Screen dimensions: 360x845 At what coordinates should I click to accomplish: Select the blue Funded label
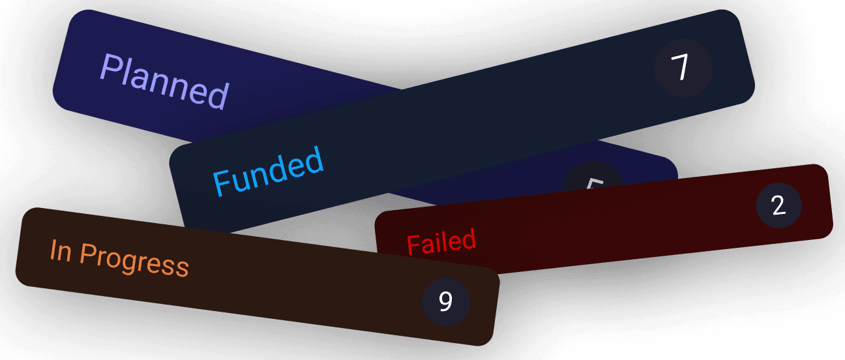point(269,171)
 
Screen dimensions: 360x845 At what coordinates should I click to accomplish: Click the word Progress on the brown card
point(134,260)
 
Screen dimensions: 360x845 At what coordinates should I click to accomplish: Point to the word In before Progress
point(61,250)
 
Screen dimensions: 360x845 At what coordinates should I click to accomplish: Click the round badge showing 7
point(682,68)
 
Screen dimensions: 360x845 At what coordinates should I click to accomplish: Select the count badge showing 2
point(778,206)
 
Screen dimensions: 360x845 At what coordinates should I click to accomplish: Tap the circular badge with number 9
point(446,301)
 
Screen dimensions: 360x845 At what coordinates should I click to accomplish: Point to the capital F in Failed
point(413,246)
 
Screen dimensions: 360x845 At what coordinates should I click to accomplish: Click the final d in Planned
point(218,95)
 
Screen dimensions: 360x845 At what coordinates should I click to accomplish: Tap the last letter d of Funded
point(315,160)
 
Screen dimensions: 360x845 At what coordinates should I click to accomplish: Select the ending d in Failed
point(469,239)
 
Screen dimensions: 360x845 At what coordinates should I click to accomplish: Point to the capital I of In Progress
point(53,249)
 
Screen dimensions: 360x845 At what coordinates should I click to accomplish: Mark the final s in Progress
point(183,267)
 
